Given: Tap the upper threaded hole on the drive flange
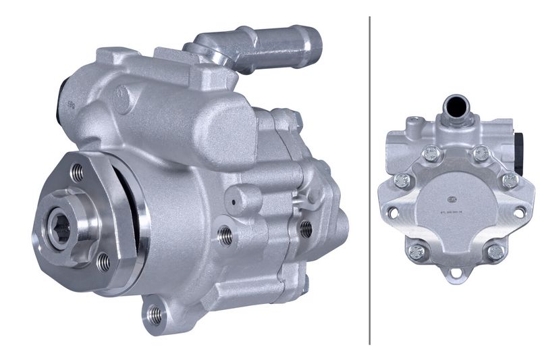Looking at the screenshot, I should pyautogui.click(x=78, y=174).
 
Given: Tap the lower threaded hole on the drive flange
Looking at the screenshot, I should pyautogui.click(x=103, y=261).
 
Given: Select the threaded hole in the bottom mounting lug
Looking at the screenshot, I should pyautogui.click(x=155, y=313).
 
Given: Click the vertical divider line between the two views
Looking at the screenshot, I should pyautogui.click(x=370, y=180).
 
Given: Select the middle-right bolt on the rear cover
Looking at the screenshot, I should pyautogui.click(x=510, y=180).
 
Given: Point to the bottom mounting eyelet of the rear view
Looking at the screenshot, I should pyautogui.click(x=456, y=274).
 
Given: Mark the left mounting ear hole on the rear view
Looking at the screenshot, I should pyautogui.click(x=392, y=213).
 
